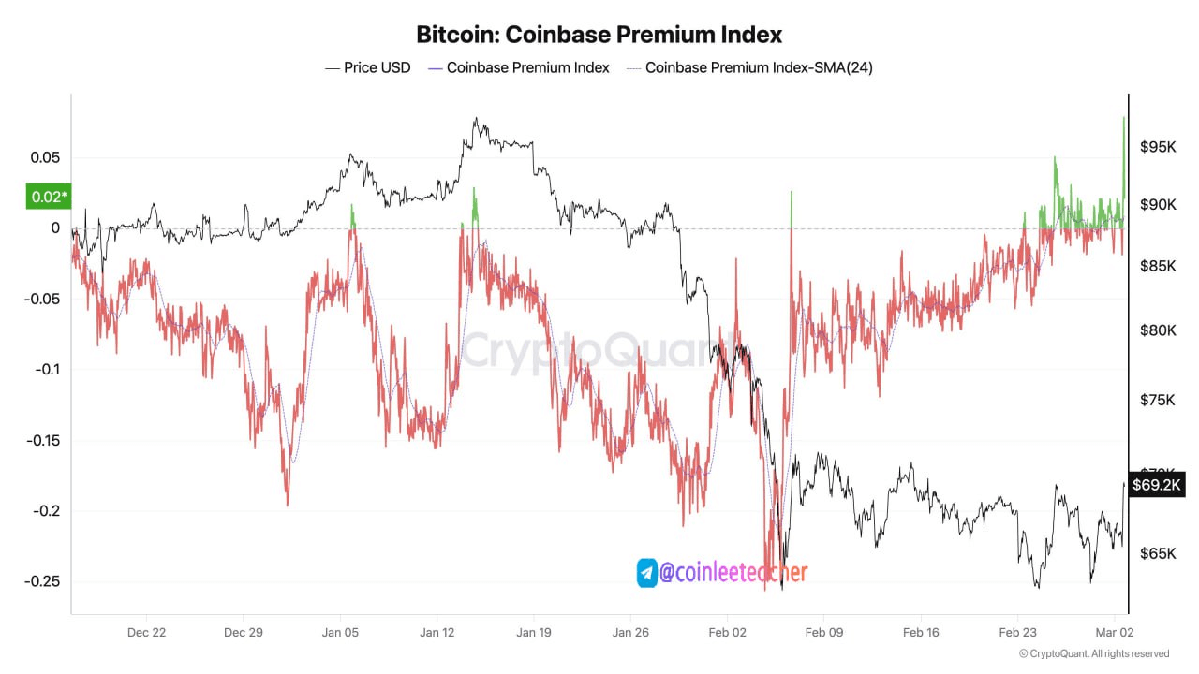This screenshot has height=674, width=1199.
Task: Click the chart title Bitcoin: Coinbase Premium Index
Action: pos(599,35)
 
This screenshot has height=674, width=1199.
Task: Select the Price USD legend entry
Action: pos(367,67)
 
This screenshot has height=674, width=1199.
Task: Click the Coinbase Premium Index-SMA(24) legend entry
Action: pos(749,67)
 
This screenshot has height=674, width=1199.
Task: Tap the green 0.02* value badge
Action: pos(50,197)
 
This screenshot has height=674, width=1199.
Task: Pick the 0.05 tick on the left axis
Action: pos(45,157)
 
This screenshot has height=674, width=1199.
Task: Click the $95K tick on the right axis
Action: pos(1159,147)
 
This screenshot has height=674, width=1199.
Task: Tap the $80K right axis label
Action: pos(1159,330)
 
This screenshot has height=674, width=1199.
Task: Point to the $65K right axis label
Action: pos(1159,553)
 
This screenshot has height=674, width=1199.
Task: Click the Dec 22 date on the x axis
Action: pos(146,632)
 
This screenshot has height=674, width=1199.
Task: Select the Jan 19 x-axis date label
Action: pos(534,632)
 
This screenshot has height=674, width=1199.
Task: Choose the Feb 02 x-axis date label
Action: pos(728,632)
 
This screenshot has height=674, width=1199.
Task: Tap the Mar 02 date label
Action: pos(1116,632)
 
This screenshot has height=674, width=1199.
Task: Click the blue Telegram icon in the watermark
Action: pos(647,572)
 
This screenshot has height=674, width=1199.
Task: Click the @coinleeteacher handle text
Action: pos(733,572)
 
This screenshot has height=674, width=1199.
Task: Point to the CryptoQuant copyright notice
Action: pos(1094,653)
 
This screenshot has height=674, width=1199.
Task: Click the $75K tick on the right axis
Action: pos(1159,400)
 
